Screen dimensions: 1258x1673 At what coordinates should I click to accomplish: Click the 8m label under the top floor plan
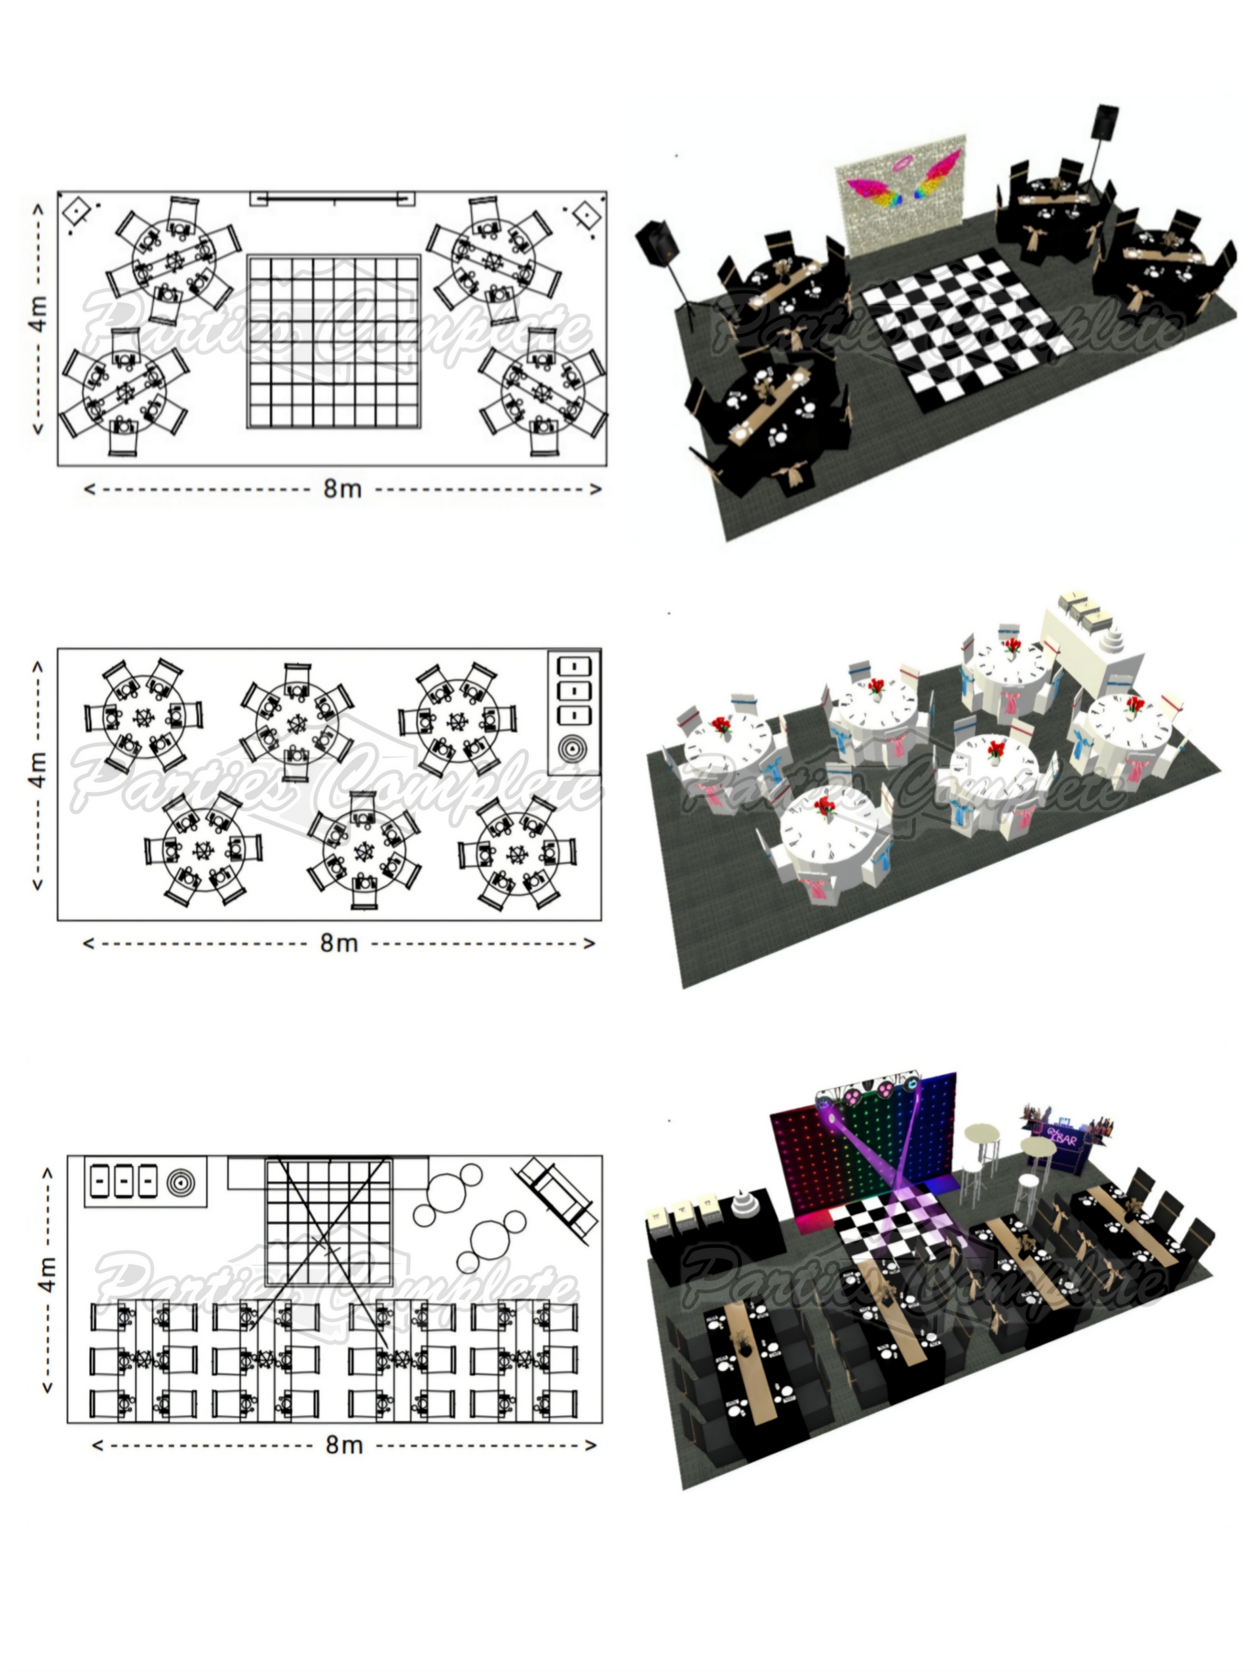point(343,489)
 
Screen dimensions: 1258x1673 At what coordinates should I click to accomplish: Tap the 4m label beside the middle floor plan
point(38,769)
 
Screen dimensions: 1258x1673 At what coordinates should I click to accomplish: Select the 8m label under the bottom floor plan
point(344,1444)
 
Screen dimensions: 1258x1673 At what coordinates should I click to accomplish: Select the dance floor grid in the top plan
point(334,343)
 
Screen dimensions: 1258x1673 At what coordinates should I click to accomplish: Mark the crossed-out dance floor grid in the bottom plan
point(328,1221)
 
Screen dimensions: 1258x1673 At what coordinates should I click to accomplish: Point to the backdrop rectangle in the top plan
point(333,199)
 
